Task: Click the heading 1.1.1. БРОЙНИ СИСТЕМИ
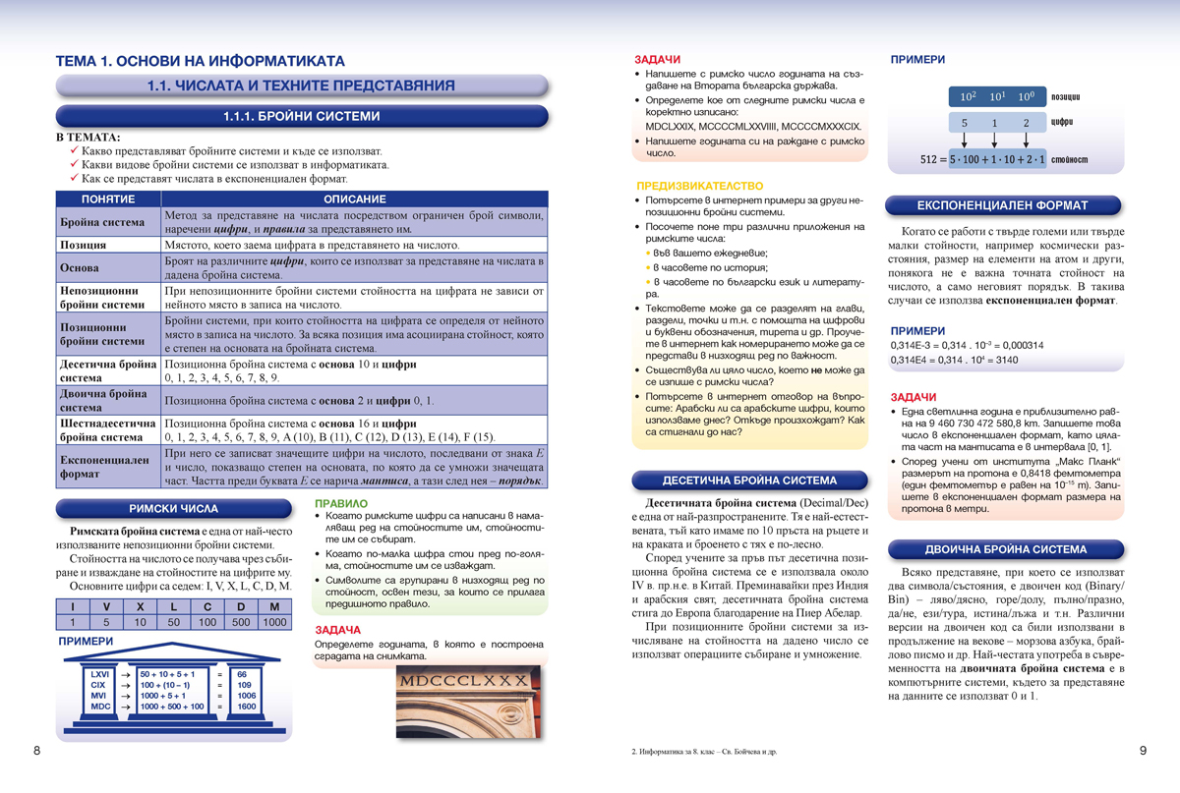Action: (301, 116)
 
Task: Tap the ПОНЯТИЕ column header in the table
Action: (108, 198)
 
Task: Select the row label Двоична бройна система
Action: (108, 400)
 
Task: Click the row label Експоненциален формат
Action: (108, 467)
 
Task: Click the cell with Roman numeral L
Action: (173, 606)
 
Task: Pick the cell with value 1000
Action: (275, 622)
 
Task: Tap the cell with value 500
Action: (241, 622)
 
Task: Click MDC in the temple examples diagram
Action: (100, 706)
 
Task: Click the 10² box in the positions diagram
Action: (968, 97)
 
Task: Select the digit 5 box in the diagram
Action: (965, 124)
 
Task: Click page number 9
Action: (1144, 751)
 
